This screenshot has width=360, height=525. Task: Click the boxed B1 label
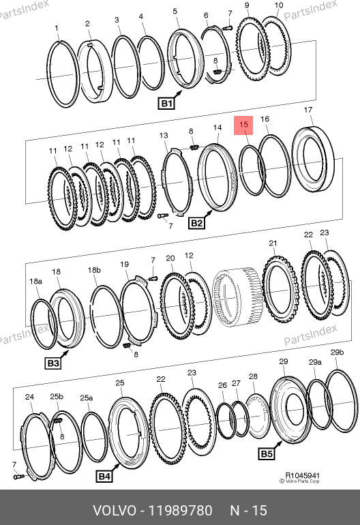pyautogui.click(x=166, y=104)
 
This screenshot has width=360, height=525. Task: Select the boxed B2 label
pyautogui.click(x=196, y=223)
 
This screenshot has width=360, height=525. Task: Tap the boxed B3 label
pyautogui.click(x=53, y=363)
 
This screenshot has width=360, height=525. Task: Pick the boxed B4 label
pyautogui.click(x=104, y=477)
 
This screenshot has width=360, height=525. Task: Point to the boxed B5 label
pyautogui.click(x=267, y=454)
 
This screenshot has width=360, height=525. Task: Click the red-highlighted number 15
pyautogui.click(x=243, y=125)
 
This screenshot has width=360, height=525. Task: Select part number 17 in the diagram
pyautogui.click(x=307, y=110)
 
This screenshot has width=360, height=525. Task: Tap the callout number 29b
pyautogui.click(x=337, y=352)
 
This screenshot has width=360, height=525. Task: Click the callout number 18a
pyautogui.click(x=35, y=281)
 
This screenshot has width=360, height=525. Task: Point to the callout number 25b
pyautogui.click(x=57, y=397)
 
